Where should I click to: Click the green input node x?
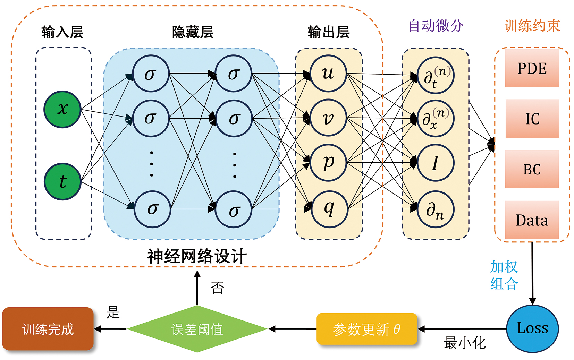pyautogui.click(x=62, y=109)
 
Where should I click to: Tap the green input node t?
pyautogui.click(x=62, y=181)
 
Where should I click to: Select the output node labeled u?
pyautogui.click(x=328, y=74)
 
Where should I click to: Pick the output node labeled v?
pyautogui.click(x=328, y=118)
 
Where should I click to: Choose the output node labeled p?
pyautogui.click(x=328, y=162)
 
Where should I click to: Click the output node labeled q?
pyautogui.click(x=329, y=209)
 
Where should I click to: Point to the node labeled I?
pyautogui.click(x=435, y=163)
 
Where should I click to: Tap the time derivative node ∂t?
pyautogui.click(x=435, y=75)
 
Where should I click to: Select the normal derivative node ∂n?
pyautogui.click(x=435, y=209)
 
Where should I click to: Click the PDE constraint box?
pyautogui.click(x=532, y=68)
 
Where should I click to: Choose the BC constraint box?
pyautogui.click(x=532, y=169)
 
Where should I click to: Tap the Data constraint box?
pyautogui.click(x=532, y=220)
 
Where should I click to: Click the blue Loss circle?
pyautogui.click(x=532, y=328)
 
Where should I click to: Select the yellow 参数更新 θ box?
pyautogui.click(x=367, y=329)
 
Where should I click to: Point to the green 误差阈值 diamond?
pyautogui.click(x=197, y=329)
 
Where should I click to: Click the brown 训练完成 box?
pyautogui.click(x=48, y=329)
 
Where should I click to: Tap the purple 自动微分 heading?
pyautogui.click(x=436, y=26)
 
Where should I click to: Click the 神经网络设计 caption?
pyautogui.click(x=197, y=257)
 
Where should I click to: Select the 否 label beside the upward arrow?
pyautogui.click(x=218, y=288)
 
